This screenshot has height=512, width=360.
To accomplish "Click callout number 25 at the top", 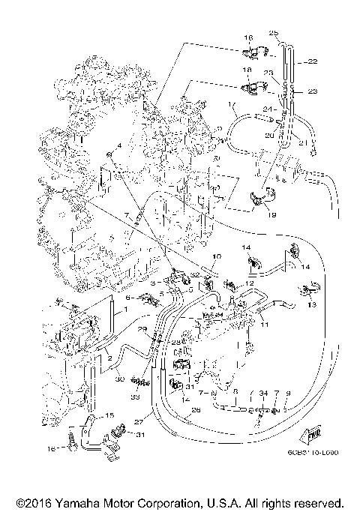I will (x=274, y=32).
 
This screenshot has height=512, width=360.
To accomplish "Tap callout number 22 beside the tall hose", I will (x=313, y=61).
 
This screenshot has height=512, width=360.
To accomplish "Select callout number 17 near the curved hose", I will (x=232, y=105).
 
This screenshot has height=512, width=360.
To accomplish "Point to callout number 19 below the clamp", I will (x=271, y=214).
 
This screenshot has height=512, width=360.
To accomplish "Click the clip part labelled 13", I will (x=306, y=289).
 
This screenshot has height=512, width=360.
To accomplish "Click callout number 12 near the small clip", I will (x=250, y=283).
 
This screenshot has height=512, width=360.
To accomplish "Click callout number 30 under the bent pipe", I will (x=119, y=379).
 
